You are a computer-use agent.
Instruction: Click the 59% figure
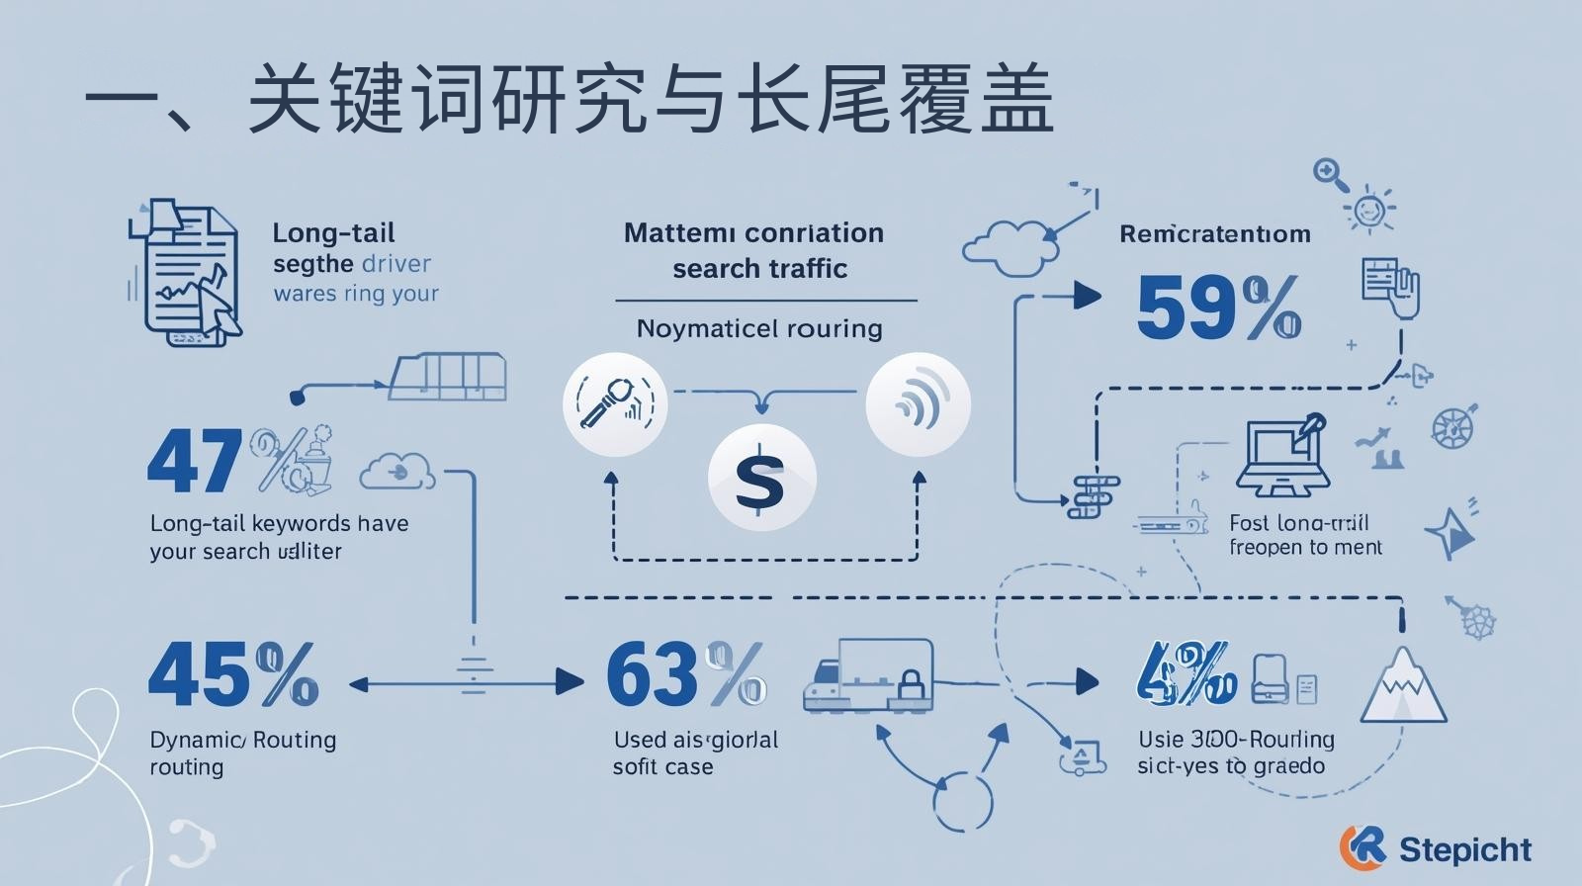click(1218, 308)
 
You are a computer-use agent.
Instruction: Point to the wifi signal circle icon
click(918, 404)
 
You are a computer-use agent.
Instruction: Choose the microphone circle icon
click(615, 404)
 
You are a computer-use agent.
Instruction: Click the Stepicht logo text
click(1465, 848)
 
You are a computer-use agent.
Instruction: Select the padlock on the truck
click(912, 683)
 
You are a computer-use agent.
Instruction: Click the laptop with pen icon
click(1281, 456)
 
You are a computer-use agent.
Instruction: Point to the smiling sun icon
click(1369, 210)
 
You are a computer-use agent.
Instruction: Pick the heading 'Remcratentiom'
click(1215, 234)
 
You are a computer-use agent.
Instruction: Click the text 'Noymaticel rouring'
click(759, 328)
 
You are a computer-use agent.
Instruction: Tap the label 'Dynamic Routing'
click(243, 740)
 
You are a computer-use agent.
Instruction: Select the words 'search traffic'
click(759, 269)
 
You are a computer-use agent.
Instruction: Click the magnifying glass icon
click(1331, 175)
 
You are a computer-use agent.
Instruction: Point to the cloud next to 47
click(397, 472)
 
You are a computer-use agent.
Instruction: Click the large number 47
click(195, 462)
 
